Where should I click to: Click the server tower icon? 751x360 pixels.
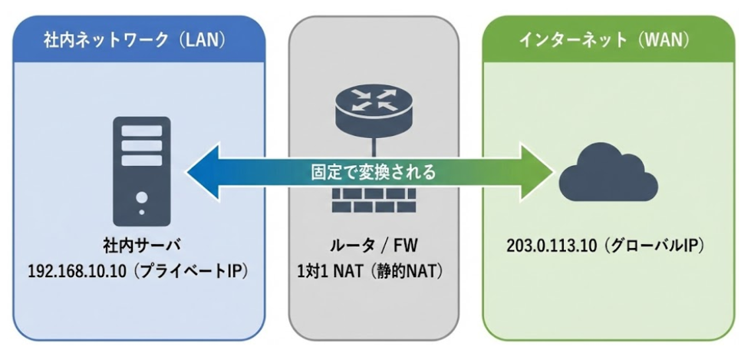point(142,170)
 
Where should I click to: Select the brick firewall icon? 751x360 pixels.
point(374,197)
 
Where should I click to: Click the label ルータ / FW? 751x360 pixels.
point(374,247)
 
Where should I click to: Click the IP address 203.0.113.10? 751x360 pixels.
point(551,247)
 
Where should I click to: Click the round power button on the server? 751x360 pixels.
point(142,197)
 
